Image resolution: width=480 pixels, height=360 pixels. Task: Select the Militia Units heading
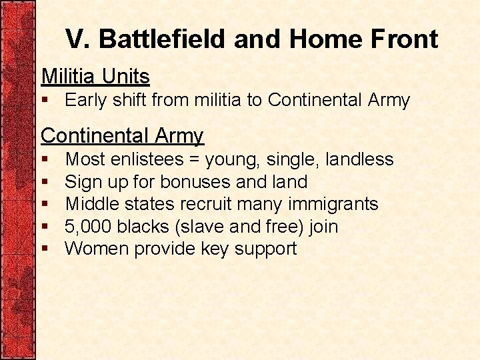tap(95, 77)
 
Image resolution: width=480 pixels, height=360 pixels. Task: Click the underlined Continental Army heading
tap(122, 136)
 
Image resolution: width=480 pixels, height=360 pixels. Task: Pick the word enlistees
tap(150, 159)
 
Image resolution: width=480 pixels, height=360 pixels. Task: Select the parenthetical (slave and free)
tap(241, 227)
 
